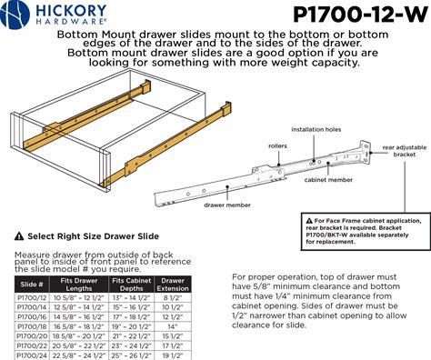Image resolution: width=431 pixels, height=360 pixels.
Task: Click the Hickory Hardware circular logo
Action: (x=15, y=15)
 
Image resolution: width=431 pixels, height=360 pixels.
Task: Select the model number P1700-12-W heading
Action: (x=360, y=15)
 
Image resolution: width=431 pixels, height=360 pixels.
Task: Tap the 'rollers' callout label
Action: (x=277, y=145)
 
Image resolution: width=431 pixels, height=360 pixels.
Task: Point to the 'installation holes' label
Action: (x=316, y=130)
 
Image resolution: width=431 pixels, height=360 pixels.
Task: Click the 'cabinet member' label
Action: (x=328, y=180)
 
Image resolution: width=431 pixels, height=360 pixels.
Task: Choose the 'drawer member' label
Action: (x=227, y=205)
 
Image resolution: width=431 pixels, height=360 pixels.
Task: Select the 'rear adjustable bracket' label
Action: (x=405, y=151)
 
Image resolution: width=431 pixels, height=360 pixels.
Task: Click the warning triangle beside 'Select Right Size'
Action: (x=19, y=236)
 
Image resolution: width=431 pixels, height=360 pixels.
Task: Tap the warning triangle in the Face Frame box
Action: (x=309, y=221)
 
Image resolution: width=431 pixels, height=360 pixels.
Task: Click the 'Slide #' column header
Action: (x=32, y=285)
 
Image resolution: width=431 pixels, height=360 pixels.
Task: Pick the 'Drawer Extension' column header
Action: (x=173, y=285)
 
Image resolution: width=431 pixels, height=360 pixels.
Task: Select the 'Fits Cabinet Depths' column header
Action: (x=131, y=285)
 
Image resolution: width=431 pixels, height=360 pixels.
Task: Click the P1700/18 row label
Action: (x=32, y=326)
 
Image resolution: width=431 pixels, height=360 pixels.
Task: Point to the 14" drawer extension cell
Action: (x=173, y=326)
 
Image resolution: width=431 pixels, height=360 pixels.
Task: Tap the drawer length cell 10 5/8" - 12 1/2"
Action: (x=79, y=297)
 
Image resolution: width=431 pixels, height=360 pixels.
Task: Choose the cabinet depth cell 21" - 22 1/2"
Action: (x=131, y=336)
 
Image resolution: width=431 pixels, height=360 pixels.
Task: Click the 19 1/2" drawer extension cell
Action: (x=173, y=355)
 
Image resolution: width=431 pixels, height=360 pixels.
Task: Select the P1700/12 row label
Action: (x=32, y=297)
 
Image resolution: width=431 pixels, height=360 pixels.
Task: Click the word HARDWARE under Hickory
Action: (x=71, y=21)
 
